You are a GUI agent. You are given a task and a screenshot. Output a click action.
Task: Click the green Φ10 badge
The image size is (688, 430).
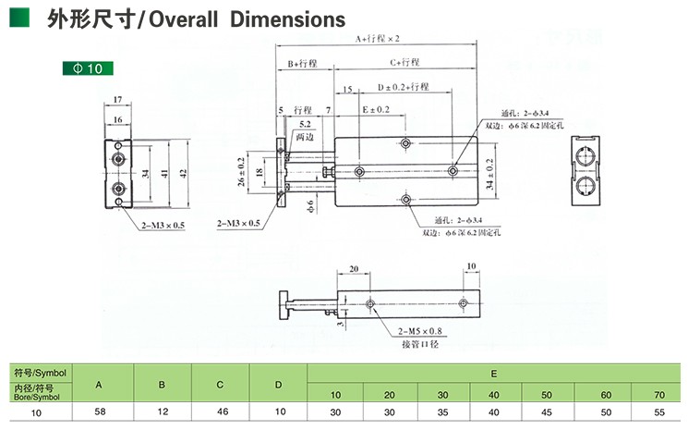click(x=89, y=68)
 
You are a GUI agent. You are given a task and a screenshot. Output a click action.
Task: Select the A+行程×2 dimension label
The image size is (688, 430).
click(x=379, y=39)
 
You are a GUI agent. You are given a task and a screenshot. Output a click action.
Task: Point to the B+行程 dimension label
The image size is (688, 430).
click(x=303, y=63)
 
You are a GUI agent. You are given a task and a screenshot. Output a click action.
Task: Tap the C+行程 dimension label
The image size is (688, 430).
click(x=404, y=63)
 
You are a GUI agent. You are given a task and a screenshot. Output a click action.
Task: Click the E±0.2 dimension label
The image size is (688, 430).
click(x=375, y=109)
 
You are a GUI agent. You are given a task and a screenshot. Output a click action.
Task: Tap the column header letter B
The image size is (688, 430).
click(x=162, y=384)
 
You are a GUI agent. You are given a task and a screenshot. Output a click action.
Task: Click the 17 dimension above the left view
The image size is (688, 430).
click(x=118, y=99)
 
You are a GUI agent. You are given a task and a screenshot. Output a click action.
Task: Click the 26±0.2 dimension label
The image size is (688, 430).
click(x=240, y=172)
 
